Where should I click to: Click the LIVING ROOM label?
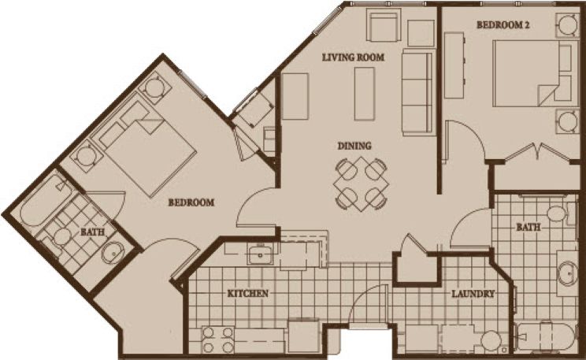pyautogui.click(x=353, y=58)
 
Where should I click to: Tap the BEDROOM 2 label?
pyautogui.click(x=503, y=25)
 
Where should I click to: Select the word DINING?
pyautogui.click(x=354, y=146)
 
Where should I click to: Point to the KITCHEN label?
pyautogui.click(x=248, y=294)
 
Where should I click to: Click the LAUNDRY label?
pyautogui.click(x=473, y=294)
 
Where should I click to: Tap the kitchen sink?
pyautogui.click(x=260, y=254)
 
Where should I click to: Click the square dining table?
pyautogui.click(x=361, y=184)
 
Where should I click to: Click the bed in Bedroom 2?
pyautogui.click(x=532, y=73)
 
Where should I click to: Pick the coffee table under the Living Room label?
pyautogui.click(x=365, y=94)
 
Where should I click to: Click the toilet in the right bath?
pyautogui.click(x=559, y=214)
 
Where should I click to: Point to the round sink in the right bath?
pyautogui.click(x=567, y=273)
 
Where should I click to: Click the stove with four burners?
pyautogui.click(x=218, y=340)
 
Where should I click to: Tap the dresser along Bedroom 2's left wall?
pyautogui.click(x=454, y=65)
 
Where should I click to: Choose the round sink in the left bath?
pyautogui.click(x=113, y=251)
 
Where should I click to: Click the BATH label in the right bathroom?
pyautogui.click(x=528, y=227)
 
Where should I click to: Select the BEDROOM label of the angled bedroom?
pyautogui.click(x=191, y=202)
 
